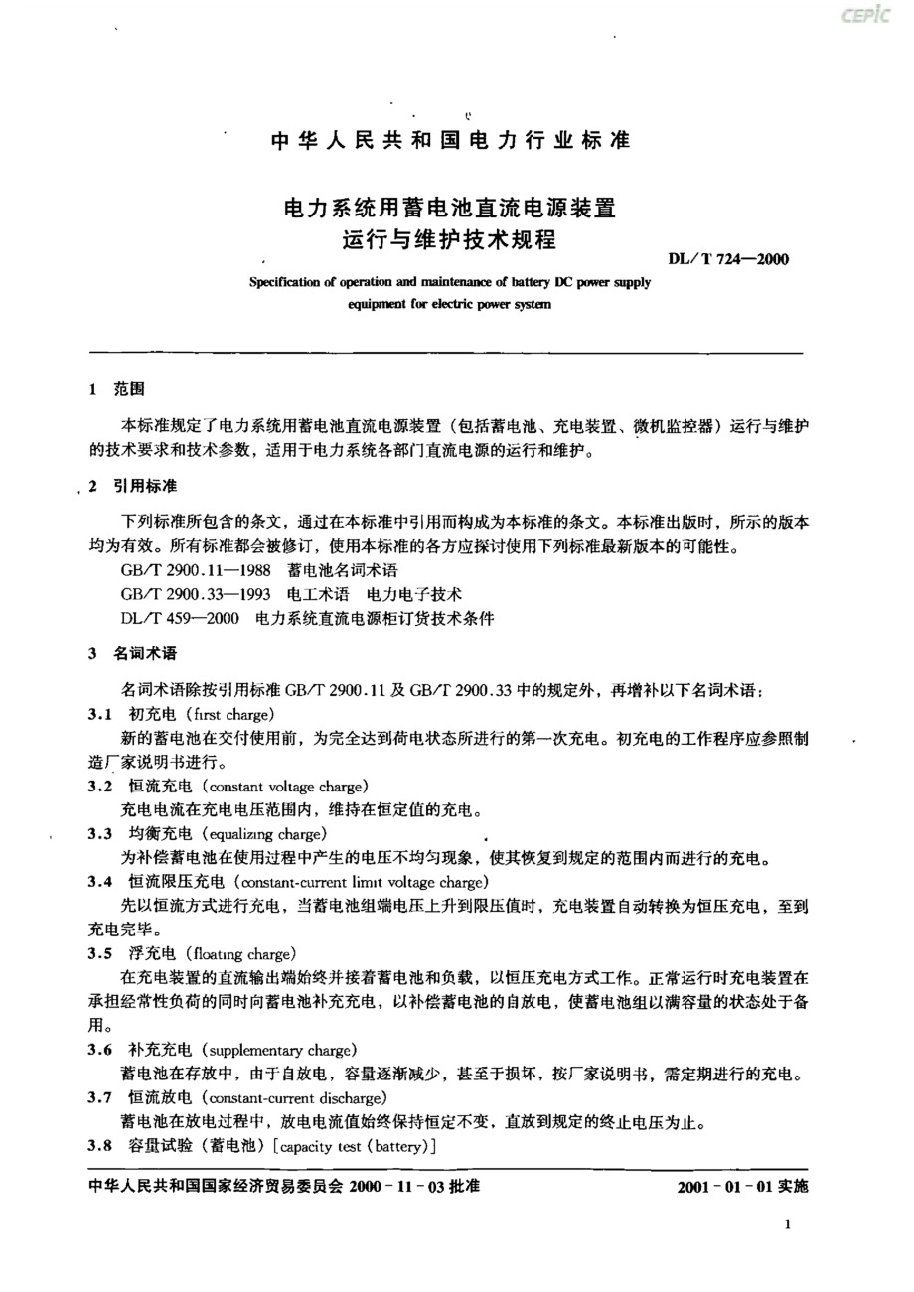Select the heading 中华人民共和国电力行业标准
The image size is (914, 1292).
(451, 141)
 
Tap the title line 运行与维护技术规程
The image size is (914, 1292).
(450, 240)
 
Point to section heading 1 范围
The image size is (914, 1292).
(116, 389)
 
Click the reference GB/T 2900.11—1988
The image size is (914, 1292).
(192, 571)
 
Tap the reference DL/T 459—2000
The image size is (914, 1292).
(180, 619)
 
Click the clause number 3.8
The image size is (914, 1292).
(98, 1146)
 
